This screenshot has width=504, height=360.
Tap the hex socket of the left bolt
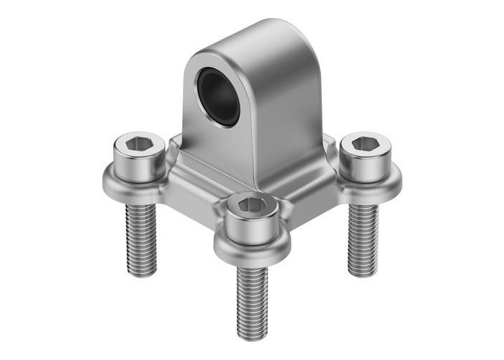136,147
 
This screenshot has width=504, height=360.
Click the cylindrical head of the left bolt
136,164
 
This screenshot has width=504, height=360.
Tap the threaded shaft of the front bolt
252,295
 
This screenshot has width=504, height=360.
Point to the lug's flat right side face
284,115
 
